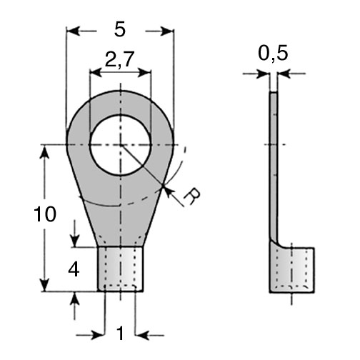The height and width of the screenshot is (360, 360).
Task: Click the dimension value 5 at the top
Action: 119,30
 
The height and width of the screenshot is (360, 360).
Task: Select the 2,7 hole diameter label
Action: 119,59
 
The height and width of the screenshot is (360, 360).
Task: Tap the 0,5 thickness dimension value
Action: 273,54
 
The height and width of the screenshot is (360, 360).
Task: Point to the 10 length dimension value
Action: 45,214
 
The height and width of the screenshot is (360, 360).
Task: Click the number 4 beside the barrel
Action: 74,270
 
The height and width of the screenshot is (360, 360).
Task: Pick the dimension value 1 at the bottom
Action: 121,334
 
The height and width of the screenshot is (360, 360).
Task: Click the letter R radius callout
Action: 192,197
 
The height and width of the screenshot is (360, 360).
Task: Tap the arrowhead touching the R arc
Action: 168,191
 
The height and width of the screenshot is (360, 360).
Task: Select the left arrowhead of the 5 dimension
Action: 73,31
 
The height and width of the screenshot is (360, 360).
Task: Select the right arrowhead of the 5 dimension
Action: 167,31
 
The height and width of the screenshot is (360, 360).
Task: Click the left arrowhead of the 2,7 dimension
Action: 96,73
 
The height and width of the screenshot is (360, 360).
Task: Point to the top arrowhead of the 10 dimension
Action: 45,151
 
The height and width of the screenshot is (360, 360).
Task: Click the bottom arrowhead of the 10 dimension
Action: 45,285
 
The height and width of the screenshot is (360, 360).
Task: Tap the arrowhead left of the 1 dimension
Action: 98,336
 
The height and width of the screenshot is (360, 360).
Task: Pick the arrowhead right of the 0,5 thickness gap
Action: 284,74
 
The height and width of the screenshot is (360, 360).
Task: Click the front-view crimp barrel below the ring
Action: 121,269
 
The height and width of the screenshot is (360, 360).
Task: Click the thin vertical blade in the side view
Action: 274,166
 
